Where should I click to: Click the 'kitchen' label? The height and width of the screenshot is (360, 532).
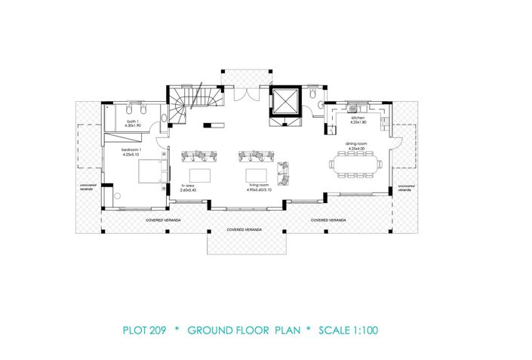[358, 118]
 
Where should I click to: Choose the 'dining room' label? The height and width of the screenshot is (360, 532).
[356, 145]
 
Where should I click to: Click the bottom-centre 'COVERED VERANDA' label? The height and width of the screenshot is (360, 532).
[245, 228]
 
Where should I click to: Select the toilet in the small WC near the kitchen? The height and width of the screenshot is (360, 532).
[322, 104]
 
